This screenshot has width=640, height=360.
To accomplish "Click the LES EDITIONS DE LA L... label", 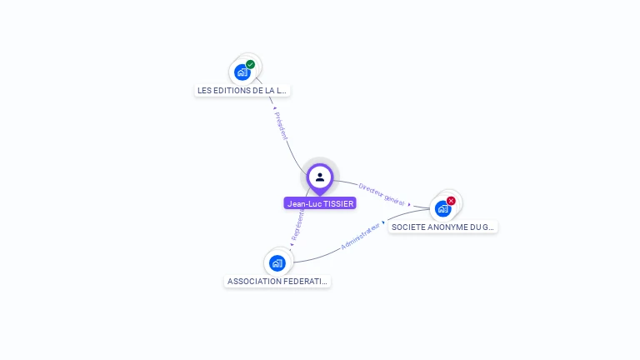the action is tap(242, 90).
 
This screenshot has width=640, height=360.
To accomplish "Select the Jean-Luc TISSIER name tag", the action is tap(320, 203).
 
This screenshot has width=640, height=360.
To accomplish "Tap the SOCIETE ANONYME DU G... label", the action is tap(442, 227).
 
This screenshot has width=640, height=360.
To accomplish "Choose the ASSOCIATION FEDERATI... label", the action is tap(277, 282).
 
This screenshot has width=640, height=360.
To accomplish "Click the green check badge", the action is tap(250, 64).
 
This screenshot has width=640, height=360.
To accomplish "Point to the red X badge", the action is tap(451, 201).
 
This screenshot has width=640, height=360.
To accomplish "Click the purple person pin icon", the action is tap(320, 177).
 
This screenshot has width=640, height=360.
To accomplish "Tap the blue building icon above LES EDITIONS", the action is tap(242, 72).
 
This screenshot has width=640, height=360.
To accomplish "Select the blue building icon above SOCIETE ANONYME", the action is tap(442, 208).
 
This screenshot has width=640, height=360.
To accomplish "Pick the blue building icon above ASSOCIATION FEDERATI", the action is tap(277, 263).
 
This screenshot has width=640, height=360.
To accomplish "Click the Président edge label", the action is tap(281, 126).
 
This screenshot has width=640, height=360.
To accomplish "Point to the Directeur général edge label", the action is tap(382, 194).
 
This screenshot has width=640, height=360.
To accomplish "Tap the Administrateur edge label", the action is tap(361, 237).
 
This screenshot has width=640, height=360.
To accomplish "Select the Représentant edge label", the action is tap(297, 226).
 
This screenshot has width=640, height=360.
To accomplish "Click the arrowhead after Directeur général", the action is tap(409, 203).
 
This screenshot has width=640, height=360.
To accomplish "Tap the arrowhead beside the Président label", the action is tap(274, 107).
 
